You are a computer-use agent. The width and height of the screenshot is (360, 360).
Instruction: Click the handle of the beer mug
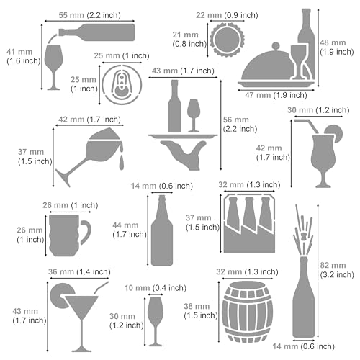click(86, 232)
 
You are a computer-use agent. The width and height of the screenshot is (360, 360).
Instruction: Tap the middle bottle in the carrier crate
click(248, 223)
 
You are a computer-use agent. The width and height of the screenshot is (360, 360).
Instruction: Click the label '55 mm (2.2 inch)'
click(81, 14)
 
